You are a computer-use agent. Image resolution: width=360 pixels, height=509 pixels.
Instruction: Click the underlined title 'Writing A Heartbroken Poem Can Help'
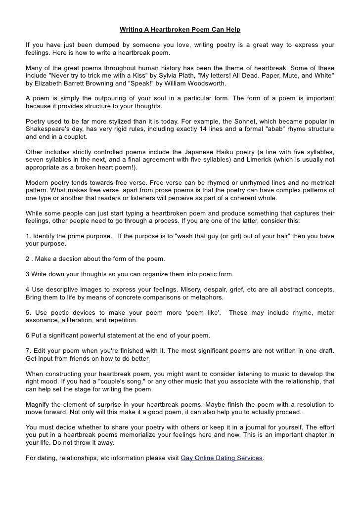(x=180, y=30)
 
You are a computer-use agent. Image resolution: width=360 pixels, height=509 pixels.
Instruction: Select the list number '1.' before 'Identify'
(x=28, y=236)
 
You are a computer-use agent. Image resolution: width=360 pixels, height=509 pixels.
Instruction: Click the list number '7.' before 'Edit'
(x=28, y=351)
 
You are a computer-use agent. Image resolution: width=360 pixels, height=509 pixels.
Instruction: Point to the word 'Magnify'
(x=38, y=405)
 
